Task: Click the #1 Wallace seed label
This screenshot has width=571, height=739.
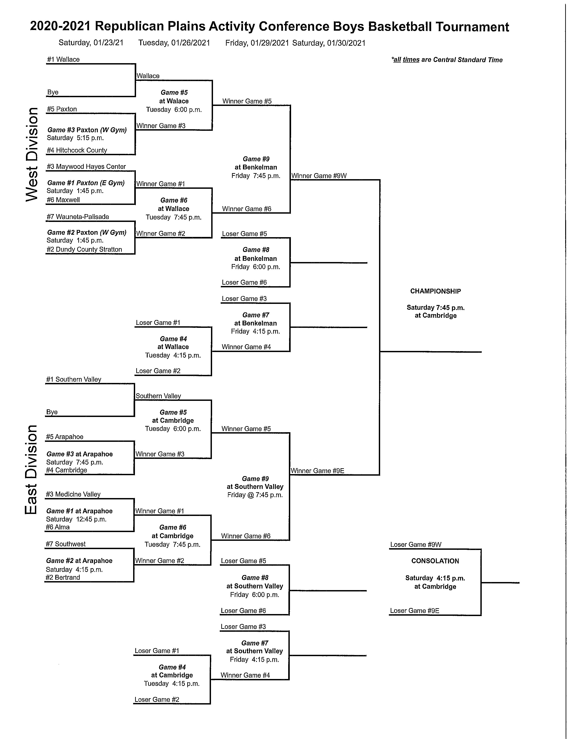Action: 63,60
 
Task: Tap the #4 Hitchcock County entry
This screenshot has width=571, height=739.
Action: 77,150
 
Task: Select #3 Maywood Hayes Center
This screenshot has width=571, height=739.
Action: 86,166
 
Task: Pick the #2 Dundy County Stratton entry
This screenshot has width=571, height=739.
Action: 84,249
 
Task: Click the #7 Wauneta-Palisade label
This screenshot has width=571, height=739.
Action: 78,217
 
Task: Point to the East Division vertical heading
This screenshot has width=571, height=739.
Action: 31,469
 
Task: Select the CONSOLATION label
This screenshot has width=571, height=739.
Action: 435,561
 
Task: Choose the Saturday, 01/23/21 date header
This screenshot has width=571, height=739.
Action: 91,43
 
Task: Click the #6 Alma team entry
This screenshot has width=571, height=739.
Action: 58,527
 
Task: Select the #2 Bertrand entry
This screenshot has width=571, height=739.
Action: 63,577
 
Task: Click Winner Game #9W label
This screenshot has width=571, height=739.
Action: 319,176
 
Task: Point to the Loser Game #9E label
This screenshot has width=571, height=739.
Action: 414,610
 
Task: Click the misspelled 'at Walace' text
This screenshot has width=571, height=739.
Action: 174,101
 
